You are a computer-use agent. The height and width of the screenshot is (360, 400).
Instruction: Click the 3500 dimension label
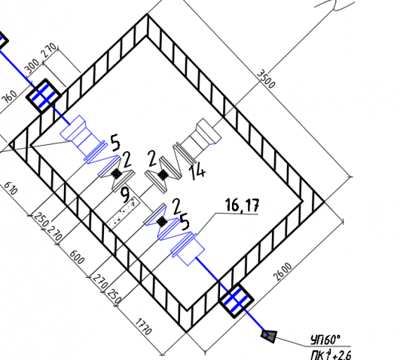point(266,79)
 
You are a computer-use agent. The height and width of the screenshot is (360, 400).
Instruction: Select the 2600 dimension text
point(283,271)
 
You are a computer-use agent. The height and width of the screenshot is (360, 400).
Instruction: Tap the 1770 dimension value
point(143,326)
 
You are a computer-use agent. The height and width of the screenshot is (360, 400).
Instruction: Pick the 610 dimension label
point(11,188)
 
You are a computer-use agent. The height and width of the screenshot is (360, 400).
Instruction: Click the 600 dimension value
point(77,257)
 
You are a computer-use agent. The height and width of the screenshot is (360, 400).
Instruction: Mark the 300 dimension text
point(32,66)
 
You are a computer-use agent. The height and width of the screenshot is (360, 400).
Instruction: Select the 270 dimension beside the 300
point(49,50)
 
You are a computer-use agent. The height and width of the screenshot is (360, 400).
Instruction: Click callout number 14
point(198,172)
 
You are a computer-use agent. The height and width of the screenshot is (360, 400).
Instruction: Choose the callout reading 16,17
point(242,205)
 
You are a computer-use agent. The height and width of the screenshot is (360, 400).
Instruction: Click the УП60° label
point(325,340)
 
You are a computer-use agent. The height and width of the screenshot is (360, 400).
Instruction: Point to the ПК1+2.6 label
point(331,354)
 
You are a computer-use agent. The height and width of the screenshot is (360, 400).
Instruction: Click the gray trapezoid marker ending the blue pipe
point(269,337)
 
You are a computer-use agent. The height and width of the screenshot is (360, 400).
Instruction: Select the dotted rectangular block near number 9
point(123,212)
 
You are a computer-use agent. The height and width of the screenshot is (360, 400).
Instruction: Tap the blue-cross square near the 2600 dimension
point(236,300)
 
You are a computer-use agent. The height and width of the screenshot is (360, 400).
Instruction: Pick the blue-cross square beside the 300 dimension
point(44,96)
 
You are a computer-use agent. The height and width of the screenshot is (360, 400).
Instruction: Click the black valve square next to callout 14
point(162,175)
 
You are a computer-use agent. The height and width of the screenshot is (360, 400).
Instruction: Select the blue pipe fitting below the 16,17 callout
point(188,248)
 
